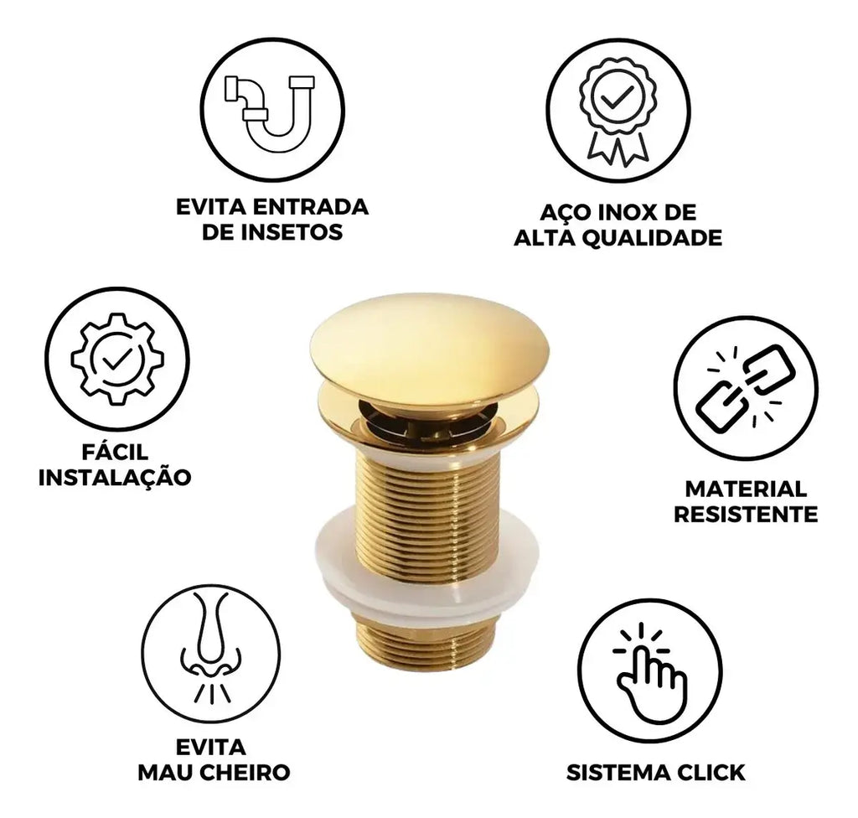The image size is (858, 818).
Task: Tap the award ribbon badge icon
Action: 618,111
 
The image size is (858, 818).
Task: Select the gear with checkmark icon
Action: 117,360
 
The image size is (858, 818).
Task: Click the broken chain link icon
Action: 746,387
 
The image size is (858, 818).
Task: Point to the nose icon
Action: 210,648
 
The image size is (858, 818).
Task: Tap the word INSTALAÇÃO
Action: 115,477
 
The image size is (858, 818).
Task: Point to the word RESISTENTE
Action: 746,514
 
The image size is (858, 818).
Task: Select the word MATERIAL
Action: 746,489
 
